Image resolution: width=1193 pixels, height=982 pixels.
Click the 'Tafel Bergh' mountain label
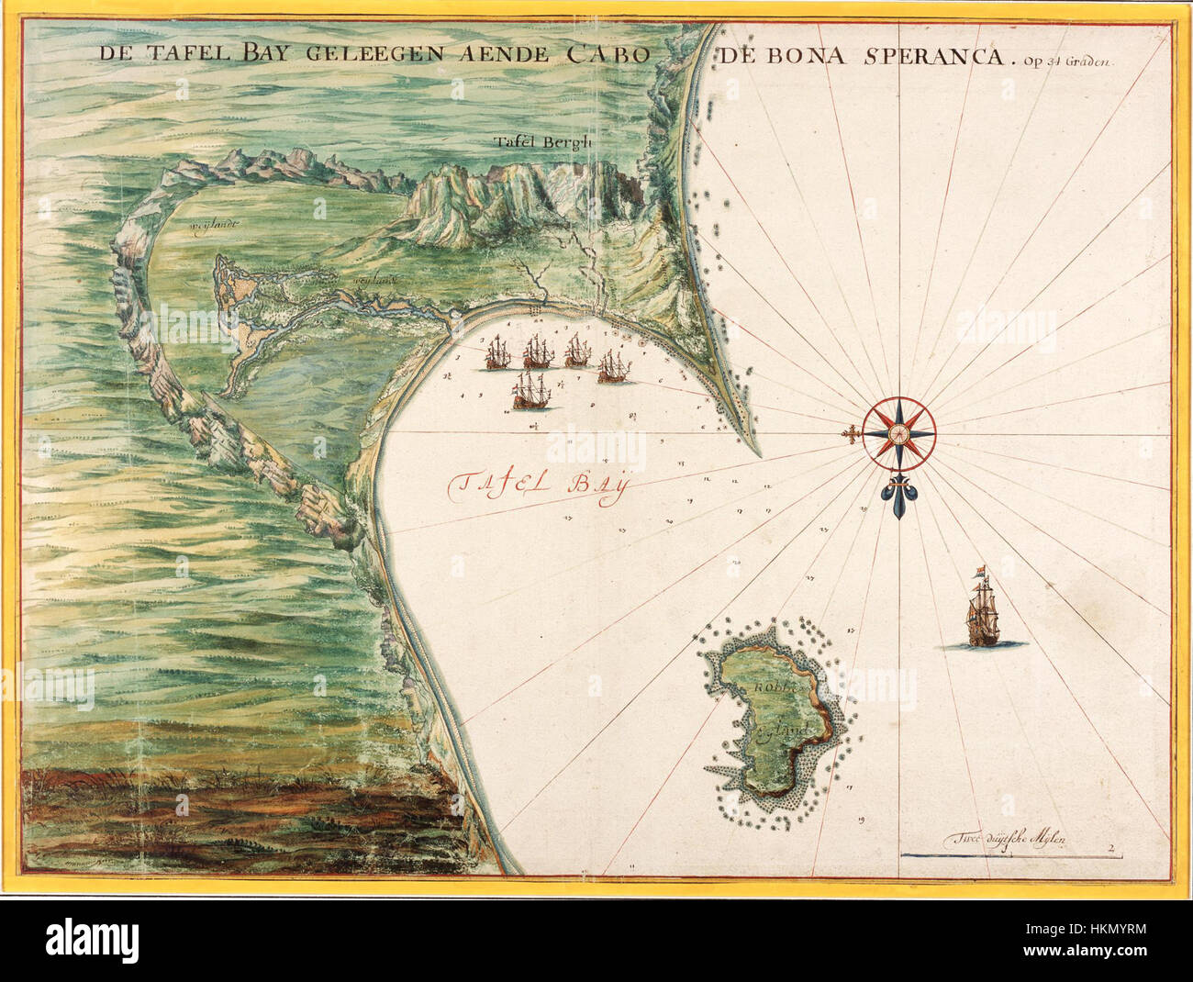point(530,142)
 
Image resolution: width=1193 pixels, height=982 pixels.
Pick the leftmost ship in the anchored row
point(496,352)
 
